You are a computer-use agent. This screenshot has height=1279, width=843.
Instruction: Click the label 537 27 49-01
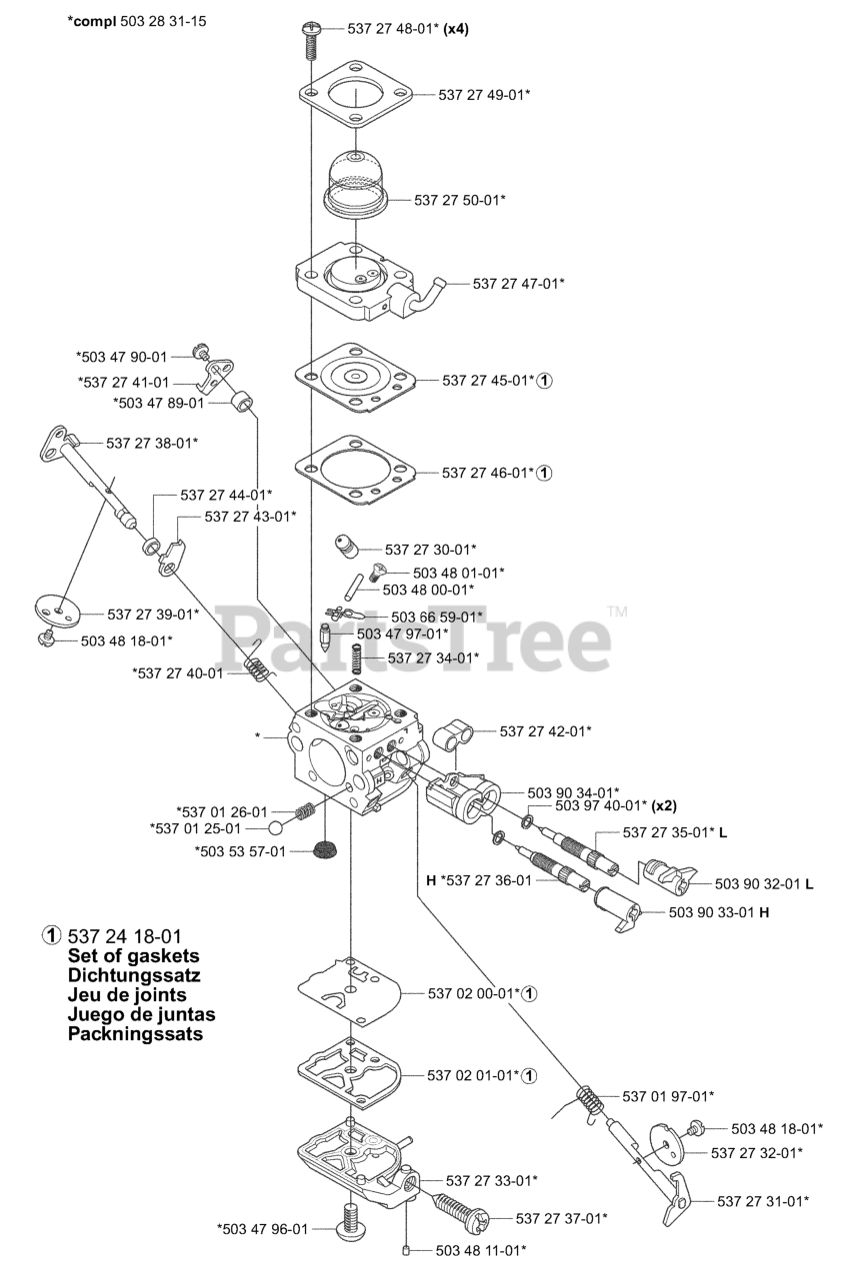pos(484,95)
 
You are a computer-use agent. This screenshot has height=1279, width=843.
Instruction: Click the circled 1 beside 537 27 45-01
pos(545,380)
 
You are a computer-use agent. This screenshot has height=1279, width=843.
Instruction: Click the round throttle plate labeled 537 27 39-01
pos(58,609)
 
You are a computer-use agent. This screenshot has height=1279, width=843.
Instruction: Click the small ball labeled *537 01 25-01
pos(277,827)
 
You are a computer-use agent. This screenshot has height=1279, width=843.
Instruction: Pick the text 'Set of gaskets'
pos(134,955)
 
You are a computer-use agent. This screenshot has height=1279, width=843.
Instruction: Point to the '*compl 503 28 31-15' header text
pos(137,21)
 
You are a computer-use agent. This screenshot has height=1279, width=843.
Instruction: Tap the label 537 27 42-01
pos(545,731)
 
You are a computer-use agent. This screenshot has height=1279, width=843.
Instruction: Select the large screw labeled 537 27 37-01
pos(460,1209)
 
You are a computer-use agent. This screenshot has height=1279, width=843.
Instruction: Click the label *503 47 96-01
pos(263,1228)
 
